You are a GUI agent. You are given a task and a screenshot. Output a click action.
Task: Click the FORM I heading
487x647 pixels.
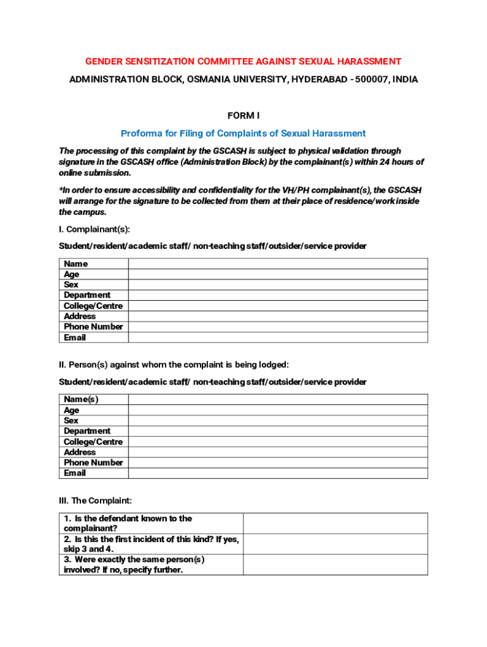[244, 116]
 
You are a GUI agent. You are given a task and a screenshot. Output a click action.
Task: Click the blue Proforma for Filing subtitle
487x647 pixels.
[244, 133]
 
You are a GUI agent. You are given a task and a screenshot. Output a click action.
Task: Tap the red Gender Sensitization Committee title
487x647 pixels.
[244, 61]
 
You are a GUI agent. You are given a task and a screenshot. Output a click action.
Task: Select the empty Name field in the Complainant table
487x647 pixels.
[278, 264]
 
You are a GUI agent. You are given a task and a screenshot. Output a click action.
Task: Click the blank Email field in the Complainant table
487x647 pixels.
[278, 337]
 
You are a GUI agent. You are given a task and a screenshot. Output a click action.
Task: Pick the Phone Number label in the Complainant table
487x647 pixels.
[93, 327]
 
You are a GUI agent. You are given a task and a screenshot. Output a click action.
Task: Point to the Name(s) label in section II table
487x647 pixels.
[81, 399]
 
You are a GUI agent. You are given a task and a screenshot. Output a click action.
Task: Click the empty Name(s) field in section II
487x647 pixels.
[278, 399]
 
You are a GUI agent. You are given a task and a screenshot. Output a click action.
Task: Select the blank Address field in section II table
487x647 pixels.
[278, 452]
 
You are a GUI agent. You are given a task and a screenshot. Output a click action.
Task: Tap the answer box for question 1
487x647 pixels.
[335, 523]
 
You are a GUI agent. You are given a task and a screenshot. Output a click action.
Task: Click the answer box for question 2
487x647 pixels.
[335, 544]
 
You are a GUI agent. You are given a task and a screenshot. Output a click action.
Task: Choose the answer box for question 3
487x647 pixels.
[335, 564]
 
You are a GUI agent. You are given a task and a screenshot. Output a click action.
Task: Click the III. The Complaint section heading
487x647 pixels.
[95, 500]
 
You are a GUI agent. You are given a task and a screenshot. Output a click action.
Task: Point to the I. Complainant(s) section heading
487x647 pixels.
[94, 229]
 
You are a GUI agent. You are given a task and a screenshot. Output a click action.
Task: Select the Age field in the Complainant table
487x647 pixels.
[278, 274]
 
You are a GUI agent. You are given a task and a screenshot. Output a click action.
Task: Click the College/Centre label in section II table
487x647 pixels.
[93, 442]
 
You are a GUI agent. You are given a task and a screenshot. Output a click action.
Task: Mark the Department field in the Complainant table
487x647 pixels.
[278, 295]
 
